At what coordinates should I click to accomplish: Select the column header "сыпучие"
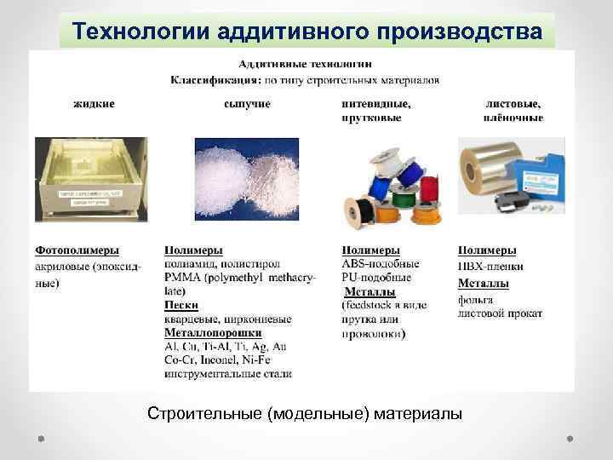(247, 103)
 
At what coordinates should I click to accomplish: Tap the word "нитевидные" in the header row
(375, 103)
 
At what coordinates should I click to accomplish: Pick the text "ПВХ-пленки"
(491, 267)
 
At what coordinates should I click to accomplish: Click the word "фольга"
(477, 300)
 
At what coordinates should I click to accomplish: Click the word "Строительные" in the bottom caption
(204, 415)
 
